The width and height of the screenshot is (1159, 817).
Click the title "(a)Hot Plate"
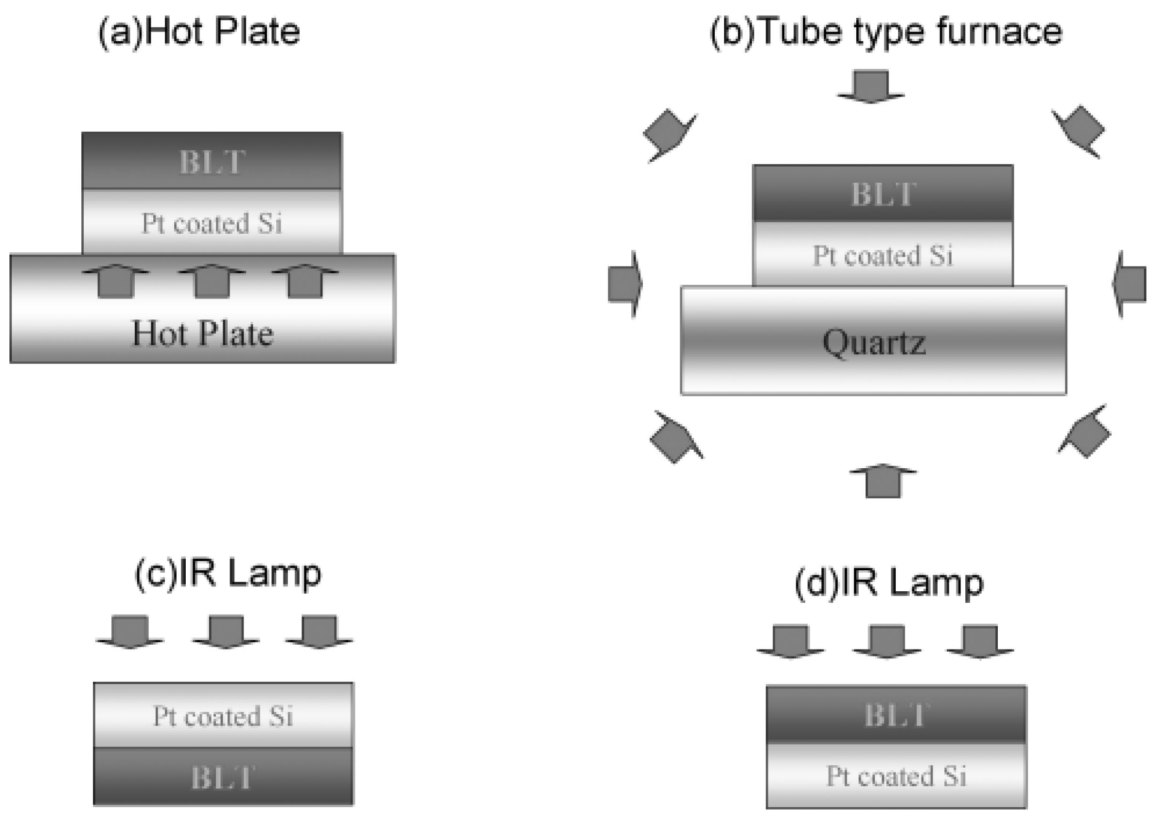click(x=199, y=31)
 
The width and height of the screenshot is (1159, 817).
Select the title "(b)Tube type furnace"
click(x=886, y=31)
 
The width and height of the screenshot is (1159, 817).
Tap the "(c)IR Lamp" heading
click(x=228, y=573)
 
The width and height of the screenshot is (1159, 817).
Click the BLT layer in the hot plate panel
click(x=212, y=161)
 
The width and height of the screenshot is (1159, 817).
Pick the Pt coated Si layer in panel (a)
click(x=212, y=221)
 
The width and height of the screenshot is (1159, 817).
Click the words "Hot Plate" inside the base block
click(x=202, y=333)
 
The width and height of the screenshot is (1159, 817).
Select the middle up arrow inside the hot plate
click(x=212, y=281)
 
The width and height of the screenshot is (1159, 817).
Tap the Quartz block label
click(x=874, y=342)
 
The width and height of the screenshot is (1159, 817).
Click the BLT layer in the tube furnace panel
click(x=883, y=193)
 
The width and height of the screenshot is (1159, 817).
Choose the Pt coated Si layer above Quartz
click(x=883, y=254)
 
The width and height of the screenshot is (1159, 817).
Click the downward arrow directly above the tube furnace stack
click(x=870, y=86)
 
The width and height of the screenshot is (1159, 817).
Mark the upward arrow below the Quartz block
click(x=883, y=480)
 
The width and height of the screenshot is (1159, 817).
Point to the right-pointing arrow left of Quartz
click(x=625, y=284)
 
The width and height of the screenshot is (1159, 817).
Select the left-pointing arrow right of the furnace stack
click(x=1129, y=284)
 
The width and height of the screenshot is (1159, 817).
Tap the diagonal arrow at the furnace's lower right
click(x=1084, y=431)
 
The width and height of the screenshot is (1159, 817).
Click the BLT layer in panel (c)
click(x=223, y=776)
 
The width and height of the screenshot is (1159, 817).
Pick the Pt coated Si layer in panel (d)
click(x=896, y=776)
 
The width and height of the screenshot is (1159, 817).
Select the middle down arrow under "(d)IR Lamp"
click(x=886, y=642)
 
